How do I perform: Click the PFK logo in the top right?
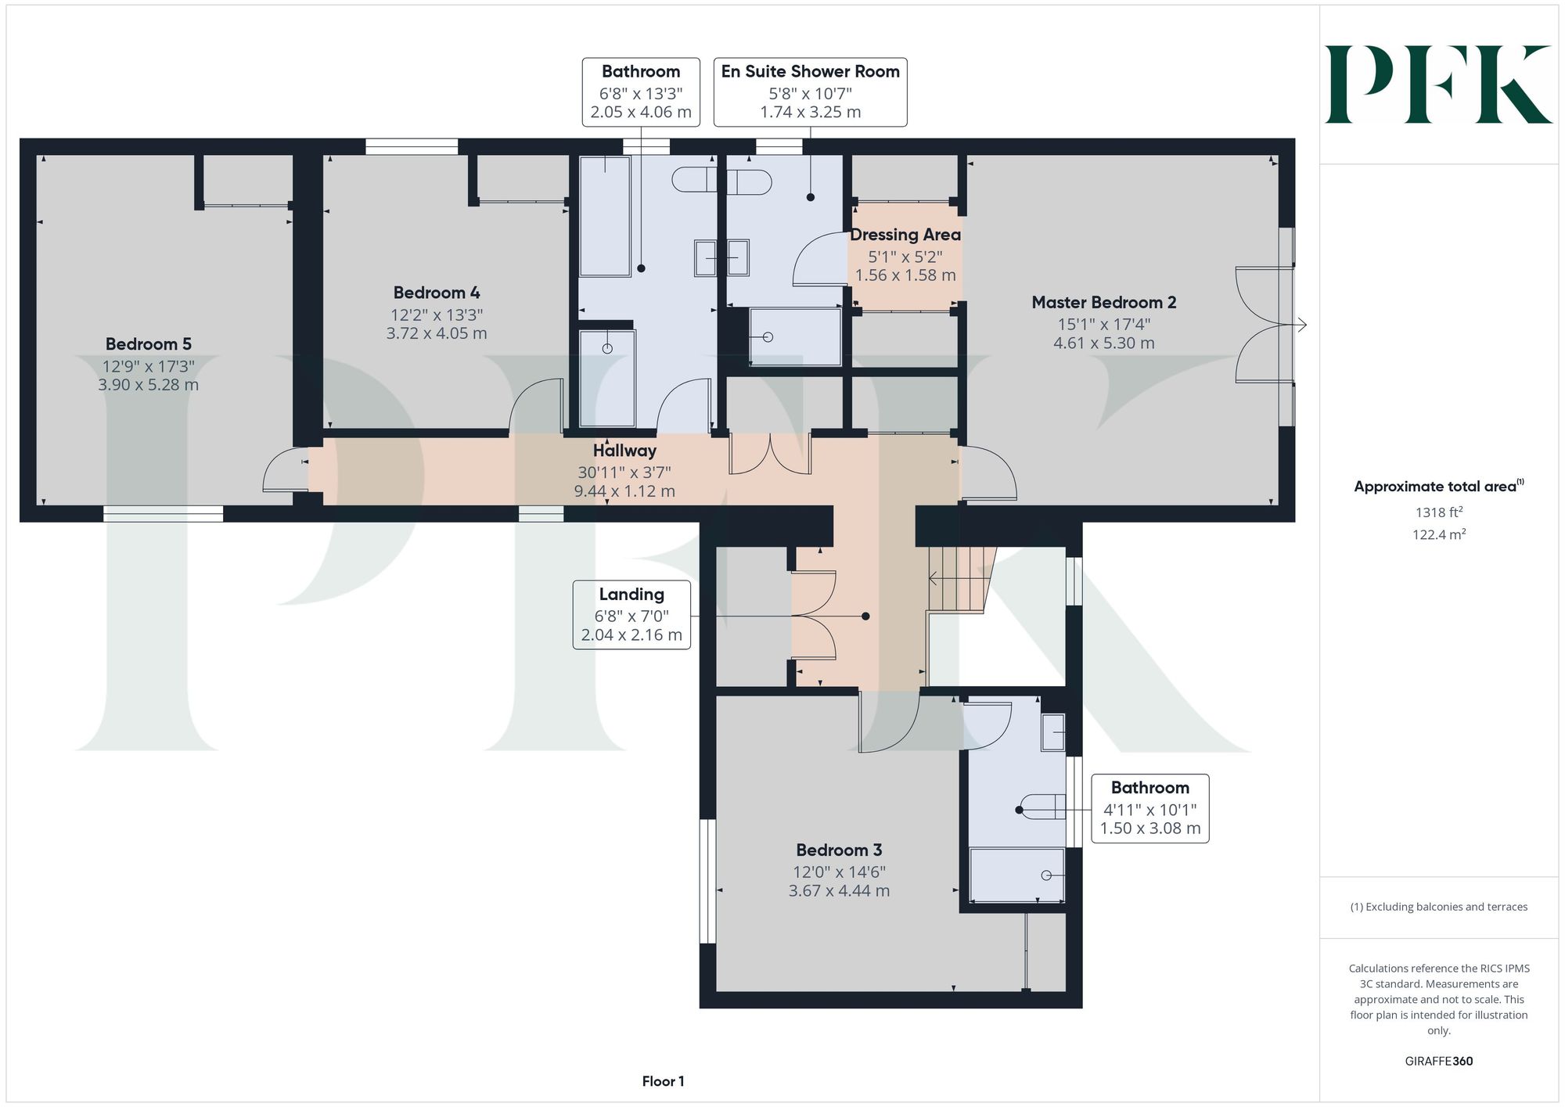coord(1438,84)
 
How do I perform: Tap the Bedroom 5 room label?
coord(149,344)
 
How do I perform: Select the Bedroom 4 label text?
coord(437,293)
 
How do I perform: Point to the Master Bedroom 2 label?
coord(1103,302)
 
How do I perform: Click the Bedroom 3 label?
coord(839,850)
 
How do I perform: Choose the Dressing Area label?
coord(905,235)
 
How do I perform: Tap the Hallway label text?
coord(624,451)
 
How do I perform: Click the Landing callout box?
coord(631,615)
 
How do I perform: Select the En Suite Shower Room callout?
coord(811,92)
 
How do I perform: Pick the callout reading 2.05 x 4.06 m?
coord(641,92)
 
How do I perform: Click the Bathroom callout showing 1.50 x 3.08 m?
coord(1149,808)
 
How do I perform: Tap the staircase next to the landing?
coord(962,579)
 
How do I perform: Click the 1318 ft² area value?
coord(1439,512)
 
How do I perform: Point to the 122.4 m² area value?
coord(1439,535)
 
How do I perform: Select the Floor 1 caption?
coord(663,1081)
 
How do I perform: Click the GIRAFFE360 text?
coord(1439,1062)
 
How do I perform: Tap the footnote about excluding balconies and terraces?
coord(1439,907)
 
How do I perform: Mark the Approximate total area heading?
coord(1439,486)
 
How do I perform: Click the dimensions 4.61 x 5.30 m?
coord(1103,343)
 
